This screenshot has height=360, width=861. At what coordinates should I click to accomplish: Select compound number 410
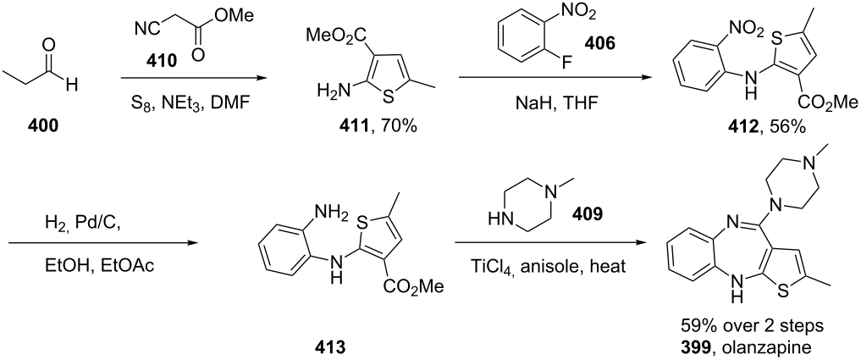(162, 60)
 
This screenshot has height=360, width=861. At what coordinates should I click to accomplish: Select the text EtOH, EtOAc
(99, 266)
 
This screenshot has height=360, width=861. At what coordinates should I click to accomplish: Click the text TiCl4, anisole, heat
(549, 267)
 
